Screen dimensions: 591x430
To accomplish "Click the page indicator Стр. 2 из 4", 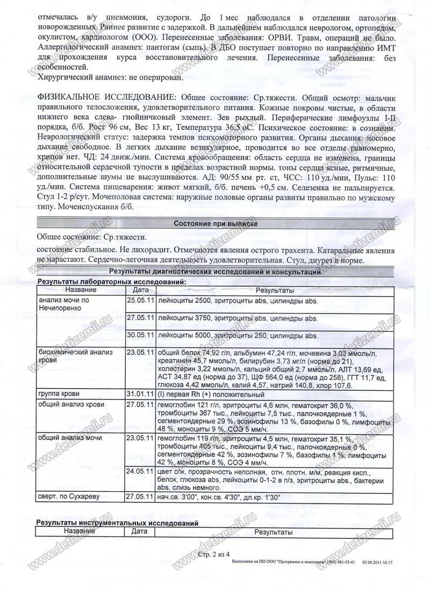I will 214,553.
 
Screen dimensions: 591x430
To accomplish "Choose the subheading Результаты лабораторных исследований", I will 111,282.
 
